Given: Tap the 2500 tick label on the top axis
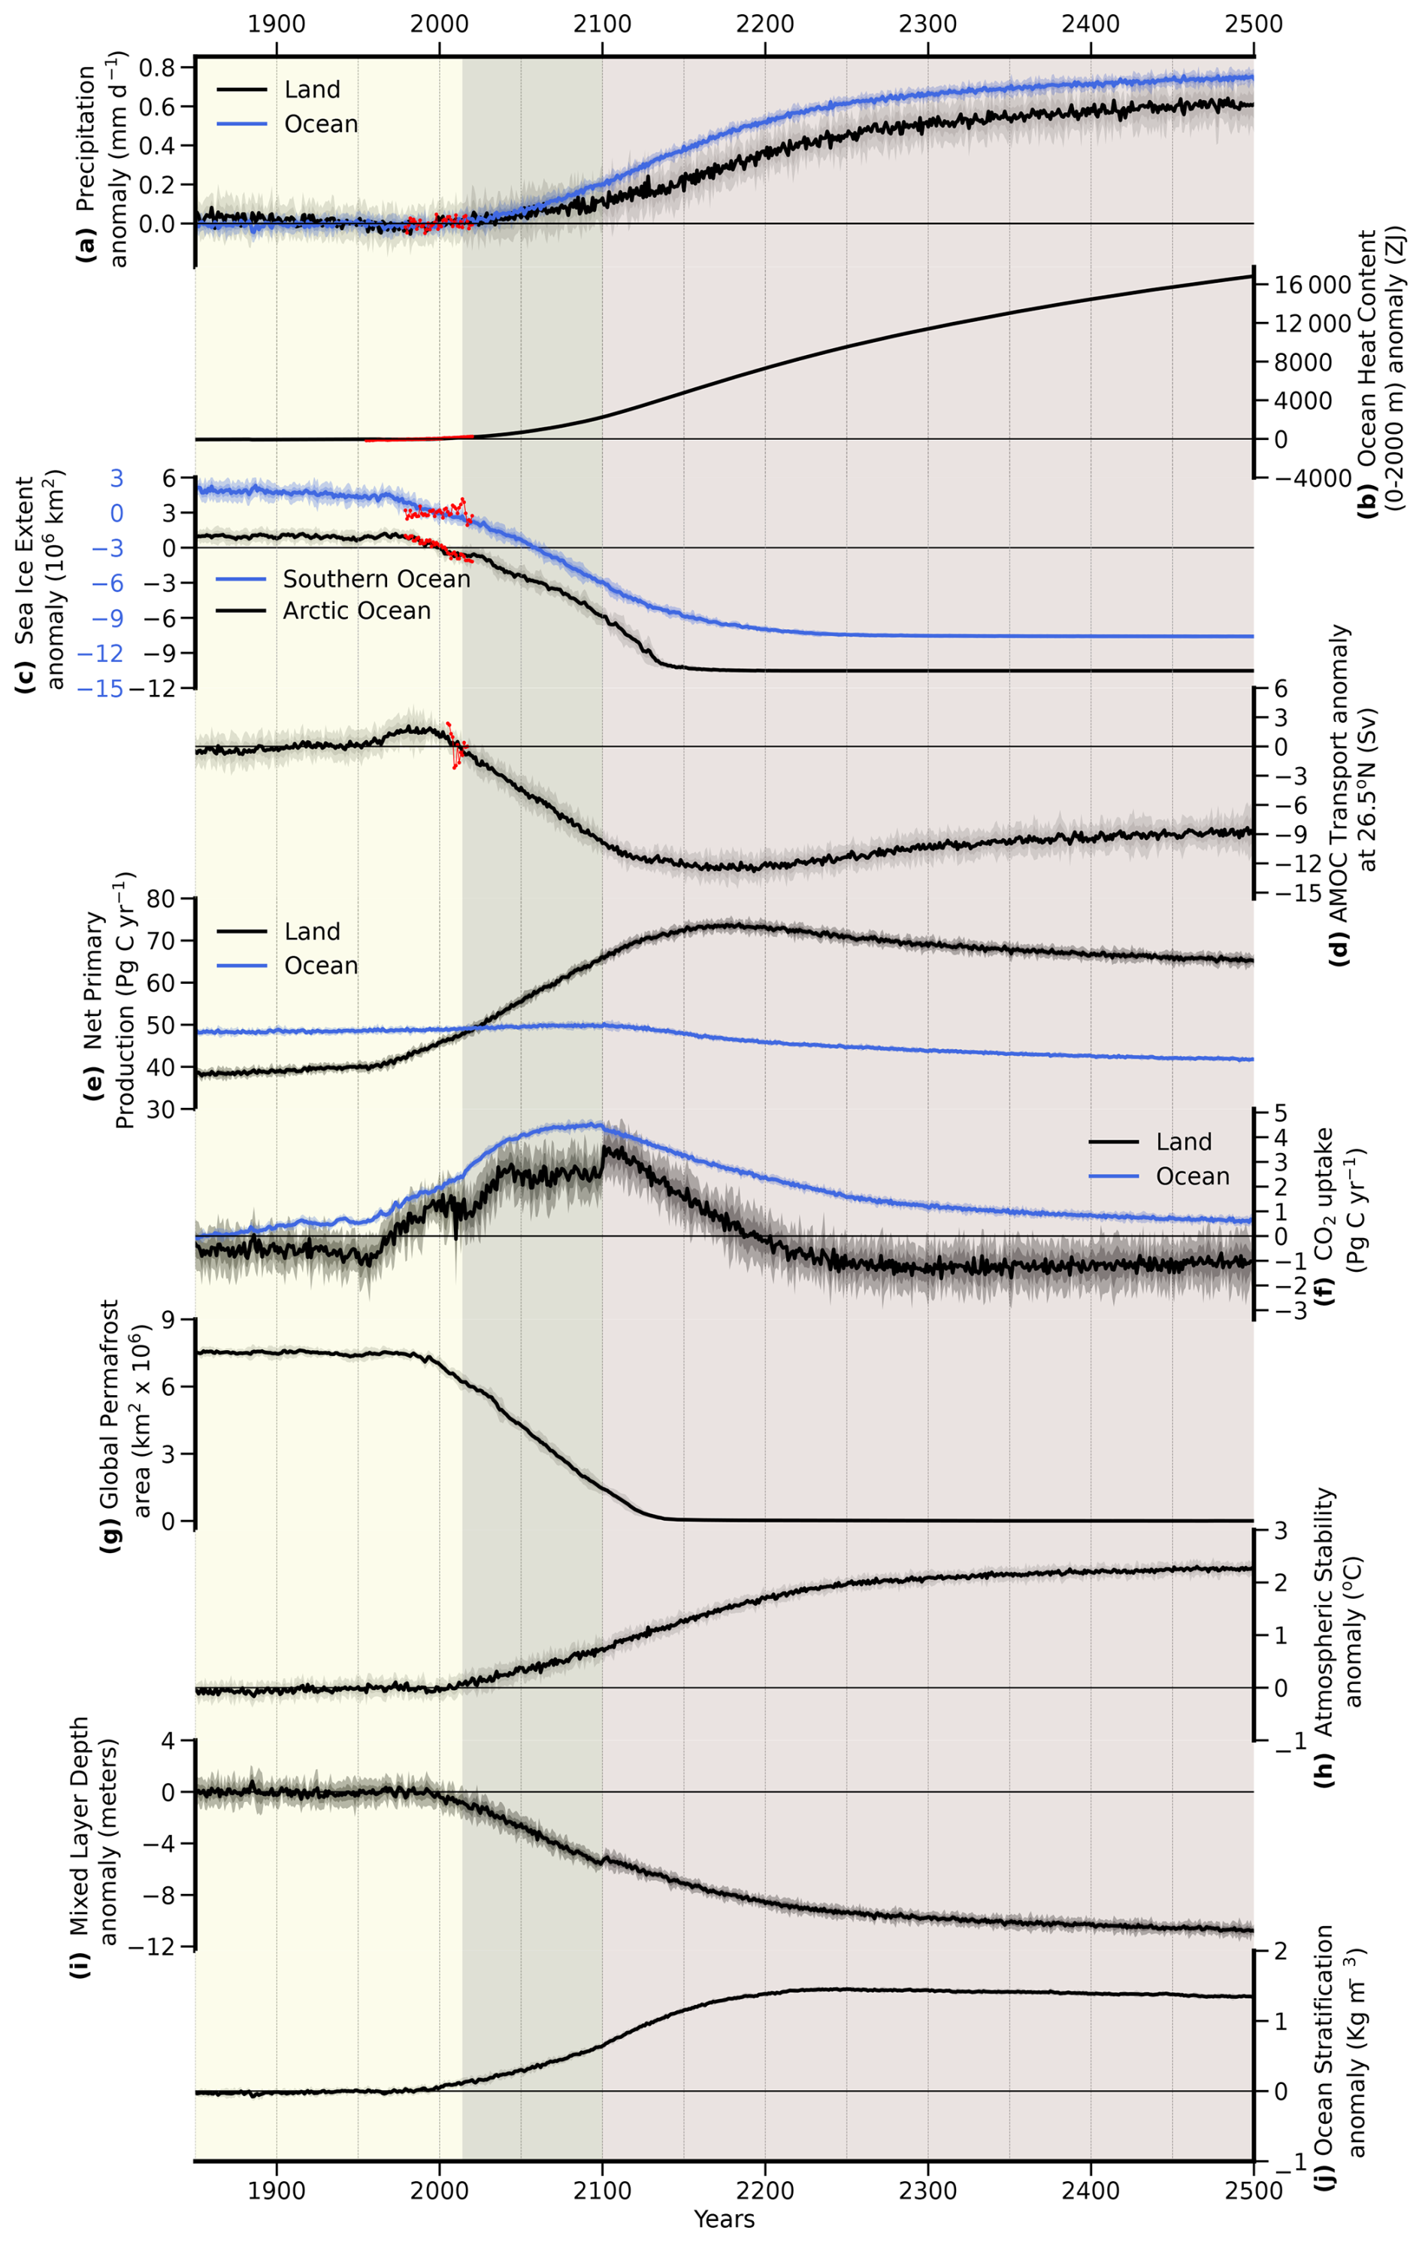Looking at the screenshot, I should pyautogui.click(x=1253, y=23).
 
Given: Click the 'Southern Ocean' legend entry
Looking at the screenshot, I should pyautogui.click(x=376, y=579).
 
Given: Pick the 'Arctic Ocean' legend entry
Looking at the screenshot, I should pyautogui.click(x=356, y=611).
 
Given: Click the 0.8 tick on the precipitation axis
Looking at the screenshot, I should pyautogui.click(x=157, y=67).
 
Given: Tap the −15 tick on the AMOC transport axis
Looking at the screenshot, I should pyautogui.click(x=1296, y=893).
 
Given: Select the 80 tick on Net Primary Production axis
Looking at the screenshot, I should pyautogui.click(x=160, y=899).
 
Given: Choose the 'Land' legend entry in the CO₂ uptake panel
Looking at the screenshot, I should pyautogui.click(x=1183, y=1142).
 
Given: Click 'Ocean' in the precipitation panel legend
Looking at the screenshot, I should pyautogui.click(x=320, y=124).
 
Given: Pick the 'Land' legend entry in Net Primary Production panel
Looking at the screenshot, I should pyautogui.click(x=312, y=931).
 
